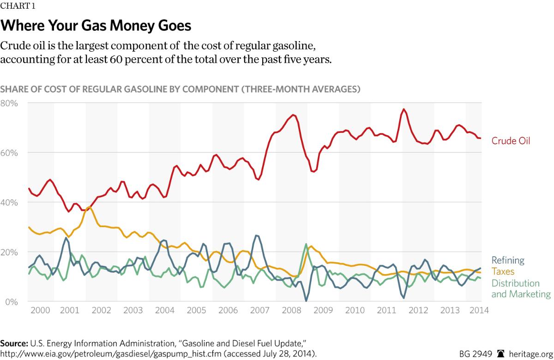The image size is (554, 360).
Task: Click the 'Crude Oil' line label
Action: (511, 141)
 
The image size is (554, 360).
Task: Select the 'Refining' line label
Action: (508, 260)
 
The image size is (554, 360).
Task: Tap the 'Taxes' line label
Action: (503, 271)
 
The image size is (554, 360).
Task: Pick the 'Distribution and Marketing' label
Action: (521, 288)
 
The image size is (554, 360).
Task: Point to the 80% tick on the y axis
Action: (9, 103)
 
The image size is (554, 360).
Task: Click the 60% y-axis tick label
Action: (9, 153)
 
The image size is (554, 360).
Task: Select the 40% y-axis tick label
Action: (9, 203)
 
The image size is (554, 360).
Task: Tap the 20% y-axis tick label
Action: (9, 252)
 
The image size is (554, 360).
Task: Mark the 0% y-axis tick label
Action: (11, 302)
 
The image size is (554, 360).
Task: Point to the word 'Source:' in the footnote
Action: (14, 344)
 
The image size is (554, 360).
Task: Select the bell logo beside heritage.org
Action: (500, 354)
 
